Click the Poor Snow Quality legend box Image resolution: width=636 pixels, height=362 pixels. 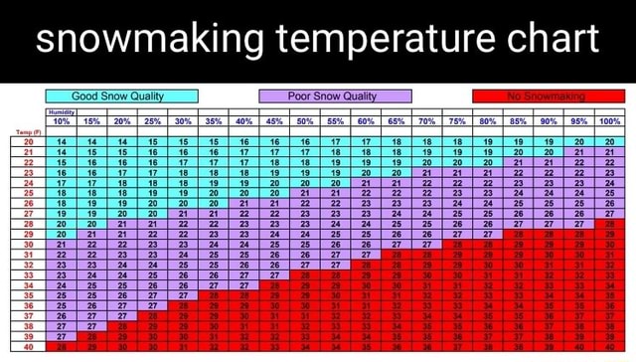pyautogui.click(x=335, y=96)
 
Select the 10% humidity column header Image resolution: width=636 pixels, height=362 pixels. pyautogui.click(x=62, y=122)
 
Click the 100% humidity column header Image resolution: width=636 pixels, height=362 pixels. pyautogui.click(x=609, y=122)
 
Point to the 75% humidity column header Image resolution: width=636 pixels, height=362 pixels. pyautogui.click(x=457, y=122)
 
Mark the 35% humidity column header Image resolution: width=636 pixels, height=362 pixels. pyautogui.click(x=214, y=122)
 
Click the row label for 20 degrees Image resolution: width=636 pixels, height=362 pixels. pyautogui.click(x=27, y=143)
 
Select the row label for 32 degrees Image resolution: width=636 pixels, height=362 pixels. pyautogui.click(x=27, y=262)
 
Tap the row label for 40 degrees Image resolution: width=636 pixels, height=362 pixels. pyautogui.click(x=27, y=346)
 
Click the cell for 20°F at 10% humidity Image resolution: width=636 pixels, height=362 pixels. pyautogui.click(x=62, y=143)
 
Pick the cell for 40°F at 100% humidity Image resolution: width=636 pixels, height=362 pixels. pyautogui.click(x=609, y=346)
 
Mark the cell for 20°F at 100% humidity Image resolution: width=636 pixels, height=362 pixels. pyautogui.click(x=609, y=143)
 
